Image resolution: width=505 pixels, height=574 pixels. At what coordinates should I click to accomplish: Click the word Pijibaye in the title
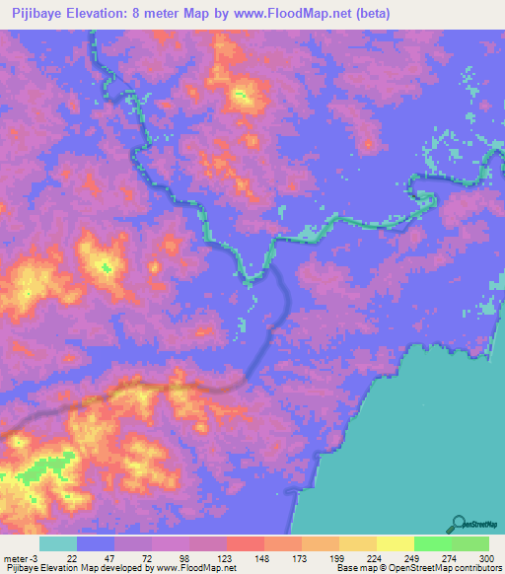[40, 14]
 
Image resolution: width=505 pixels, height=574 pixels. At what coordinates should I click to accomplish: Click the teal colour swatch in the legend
[57, 543]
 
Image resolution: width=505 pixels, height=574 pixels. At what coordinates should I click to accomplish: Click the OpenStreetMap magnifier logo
[460, 523]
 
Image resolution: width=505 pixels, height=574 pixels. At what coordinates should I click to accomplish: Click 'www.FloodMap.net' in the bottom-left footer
[196, 567]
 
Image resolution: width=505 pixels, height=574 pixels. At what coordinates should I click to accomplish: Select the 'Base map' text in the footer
[355, 567]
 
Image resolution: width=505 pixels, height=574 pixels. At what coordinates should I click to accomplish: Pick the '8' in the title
[158, 14]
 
